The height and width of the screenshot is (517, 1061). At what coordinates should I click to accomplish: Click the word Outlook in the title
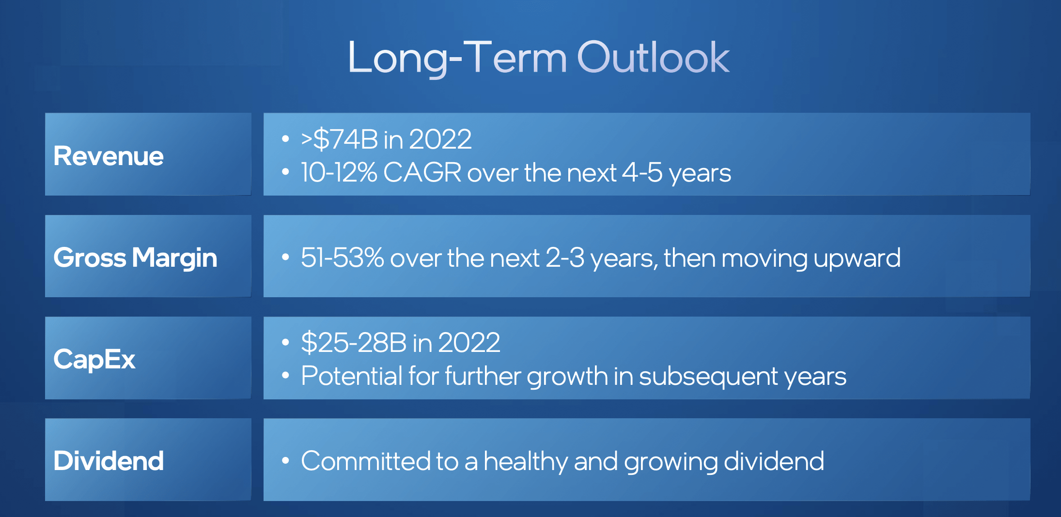[x=653, y=58]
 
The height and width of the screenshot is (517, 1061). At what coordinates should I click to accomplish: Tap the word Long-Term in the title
[x=457, y=58]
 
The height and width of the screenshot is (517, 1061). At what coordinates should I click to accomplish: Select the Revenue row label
[x=109, y=156]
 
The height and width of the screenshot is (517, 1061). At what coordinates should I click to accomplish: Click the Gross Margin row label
[x=135, y=258]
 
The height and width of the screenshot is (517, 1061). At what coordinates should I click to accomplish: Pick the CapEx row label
[x=94, y=359]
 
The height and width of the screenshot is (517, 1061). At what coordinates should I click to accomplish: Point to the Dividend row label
[x=109, y=461]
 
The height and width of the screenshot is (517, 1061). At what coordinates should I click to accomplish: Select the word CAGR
[x=422, y=173]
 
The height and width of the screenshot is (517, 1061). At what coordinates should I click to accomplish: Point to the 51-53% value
[x=342, y=258]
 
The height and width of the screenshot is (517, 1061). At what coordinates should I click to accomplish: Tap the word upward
[x=857, y=258]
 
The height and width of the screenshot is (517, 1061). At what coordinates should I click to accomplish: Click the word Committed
[x=366, y=461]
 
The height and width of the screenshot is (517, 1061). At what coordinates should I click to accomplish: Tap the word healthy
[x=526, y=461]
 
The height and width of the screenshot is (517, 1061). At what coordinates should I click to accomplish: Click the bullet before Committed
[x=285, y=461]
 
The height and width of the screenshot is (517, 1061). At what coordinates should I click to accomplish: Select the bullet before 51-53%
[x=285, y=258]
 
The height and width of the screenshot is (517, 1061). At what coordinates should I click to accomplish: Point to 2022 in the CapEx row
[x=469, y=343]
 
